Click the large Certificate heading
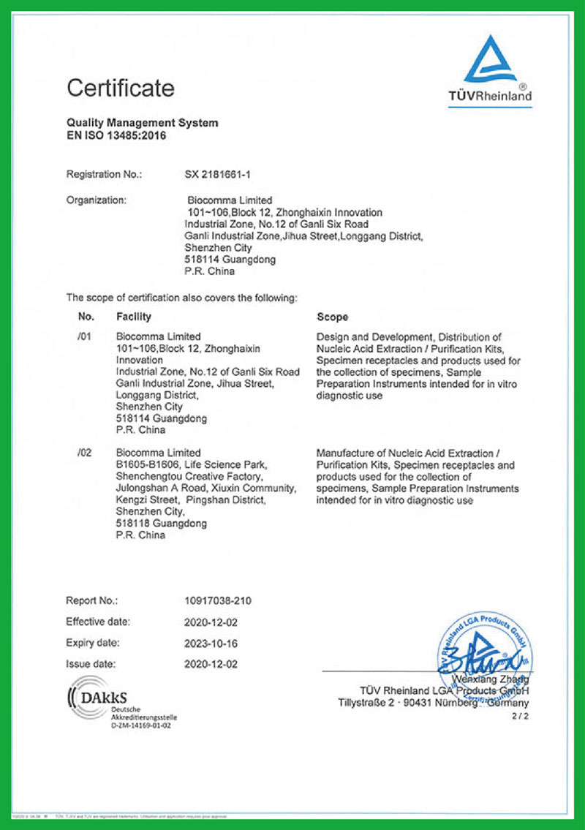click(121, 88)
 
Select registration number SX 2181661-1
click(222, 174)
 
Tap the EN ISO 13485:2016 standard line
click(111, 135)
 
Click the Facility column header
click(134, 317)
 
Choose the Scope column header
click(332, 317)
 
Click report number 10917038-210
click(218, 600)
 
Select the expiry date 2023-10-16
click(211, 644)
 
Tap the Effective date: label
click(98, 622)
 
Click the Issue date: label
click(91, 664)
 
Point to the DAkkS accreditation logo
click(109, 703)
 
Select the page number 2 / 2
click(519, 717)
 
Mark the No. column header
click(86, 317)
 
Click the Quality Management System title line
click(142, 123)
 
